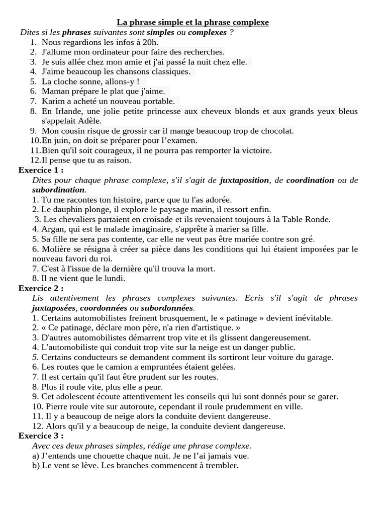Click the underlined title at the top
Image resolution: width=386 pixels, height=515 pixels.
coord(193,22)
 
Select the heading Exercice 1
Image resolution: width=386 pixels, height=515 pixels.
coord(41,170)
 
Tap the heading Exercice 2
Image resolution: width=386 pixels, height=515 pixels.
coord(41,288)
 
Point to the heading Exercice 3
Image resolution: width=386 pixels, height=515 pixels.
coord(41,436)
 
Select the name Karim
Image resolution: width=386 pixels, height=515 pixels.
coord(52,101)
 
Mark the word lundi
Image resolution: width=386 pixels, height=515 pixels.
coord(113,278)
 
